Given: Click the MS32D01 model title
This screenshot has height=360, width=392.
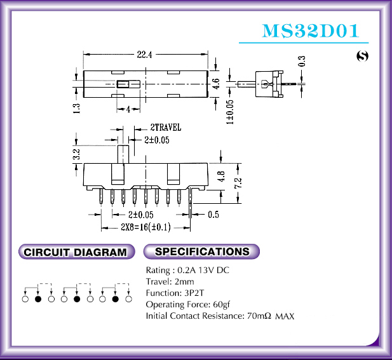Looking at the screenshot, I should [x=311, y=30].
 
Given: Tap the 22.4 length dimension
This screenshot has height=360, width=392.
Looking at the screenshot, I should [x=144, y=55].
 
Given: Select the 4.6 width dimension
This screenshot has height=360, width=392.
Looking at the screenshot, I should [x=215, y=84].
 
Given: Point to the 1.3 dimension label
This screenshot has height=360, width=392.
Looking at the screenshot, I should [x=76, y=109].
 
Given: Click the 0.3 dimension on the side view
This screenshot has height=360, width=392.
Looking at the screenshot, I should [x=302, y=62].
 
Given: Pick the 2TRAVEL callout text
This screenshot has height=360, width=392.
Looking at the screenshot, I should [x=165, y=126].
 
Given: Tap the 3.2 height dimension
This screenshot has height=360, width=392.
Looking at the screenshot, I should [x=76, y=154].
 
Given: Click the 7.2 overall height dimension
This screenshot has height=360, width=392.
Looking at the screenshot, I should [x=236, y=185].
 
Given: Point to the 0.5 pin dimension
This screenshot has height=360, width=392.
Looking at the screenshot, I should [x=213, y=215].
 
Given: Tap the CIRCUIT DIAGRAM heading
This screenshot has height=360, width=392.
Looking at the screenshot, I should [x=75, y=252].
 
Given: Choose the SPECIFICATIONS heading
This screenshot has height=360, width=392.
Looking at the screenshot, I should [x=202, y=251].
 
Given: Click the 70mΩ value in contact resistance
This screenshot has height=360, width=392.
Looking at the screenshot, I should [x=258, y=316].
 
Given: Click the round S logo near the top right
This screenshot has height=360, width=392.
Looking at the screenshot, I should [x=363, y=57].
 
